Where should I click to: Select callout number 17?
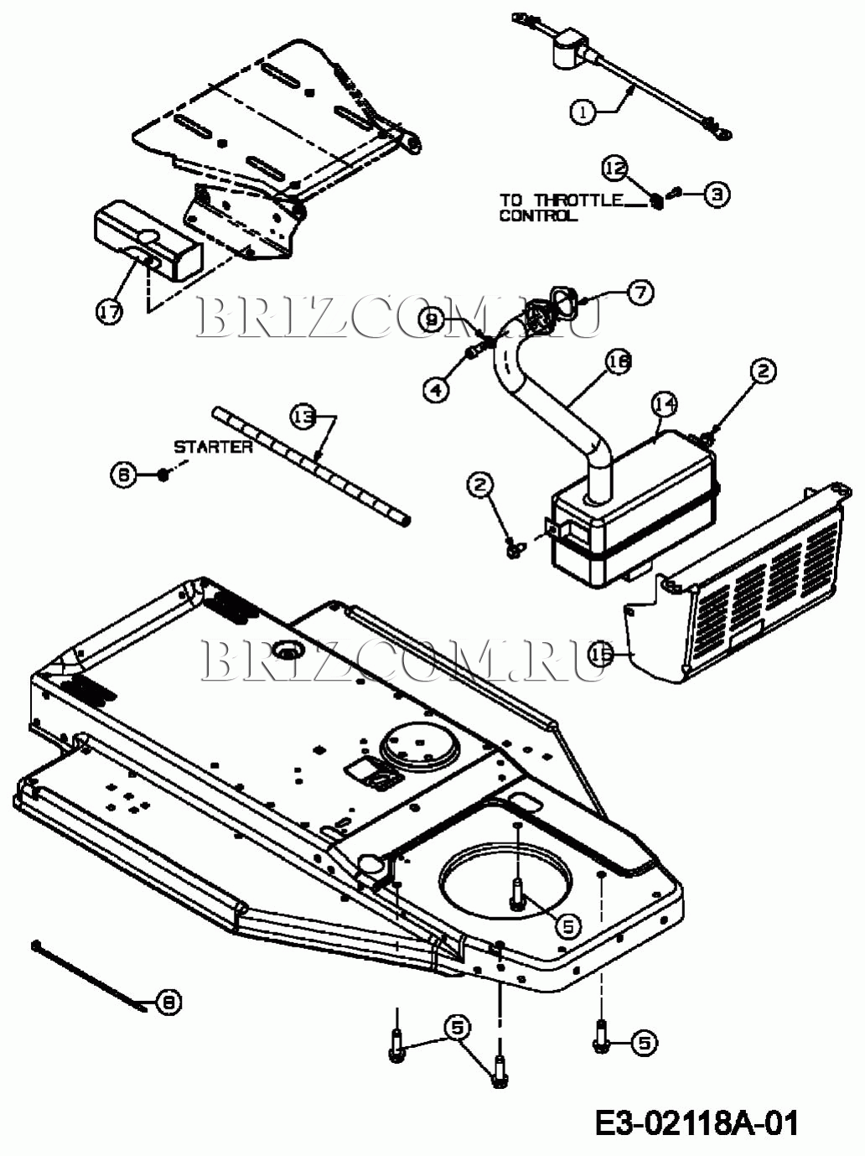(x=109, y=312)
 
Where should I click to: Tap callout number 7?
(x=640, y=293)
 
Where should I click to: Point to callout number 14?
(x=665, y=405)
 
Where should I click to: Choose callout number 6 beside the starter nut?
(x=122, y=474)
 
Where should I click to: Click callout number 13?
(x=303, y=416)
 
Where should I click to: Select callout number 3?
(x=716, y=194)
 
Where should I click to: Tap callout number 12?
(x=615, y=168)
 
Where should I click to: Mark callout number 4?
(x=436, y=390)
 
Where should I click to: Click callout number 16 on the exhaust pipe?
(x=619, y=362)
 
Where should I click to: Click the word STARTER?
(x=213, y=447)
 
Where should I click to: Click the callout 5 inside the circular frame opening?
(x=567, y=925)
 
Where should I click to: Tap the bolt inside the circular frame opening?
(x=517, y=890)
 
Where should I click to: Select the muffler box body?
(x=637, y=503)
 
